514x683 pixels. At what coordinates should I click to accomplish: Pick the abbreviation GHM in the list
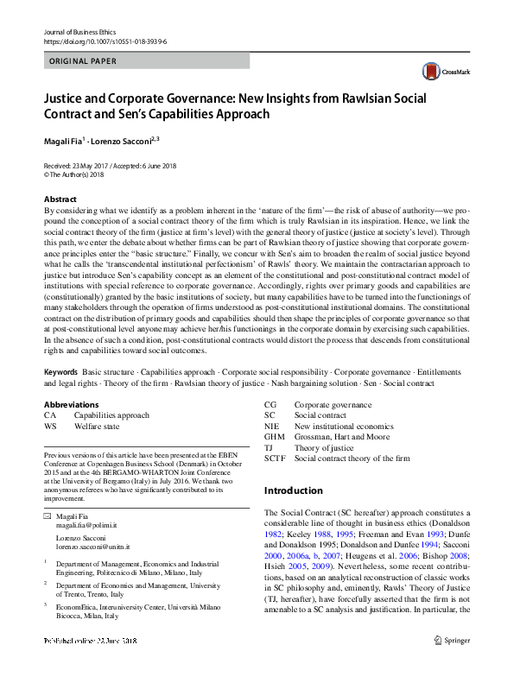[275, 437]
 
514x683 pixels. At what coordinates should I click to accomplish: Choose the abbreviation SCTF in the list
[276, 458]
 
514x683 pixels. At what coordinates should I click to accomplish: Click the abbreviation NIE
[271, 427]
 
